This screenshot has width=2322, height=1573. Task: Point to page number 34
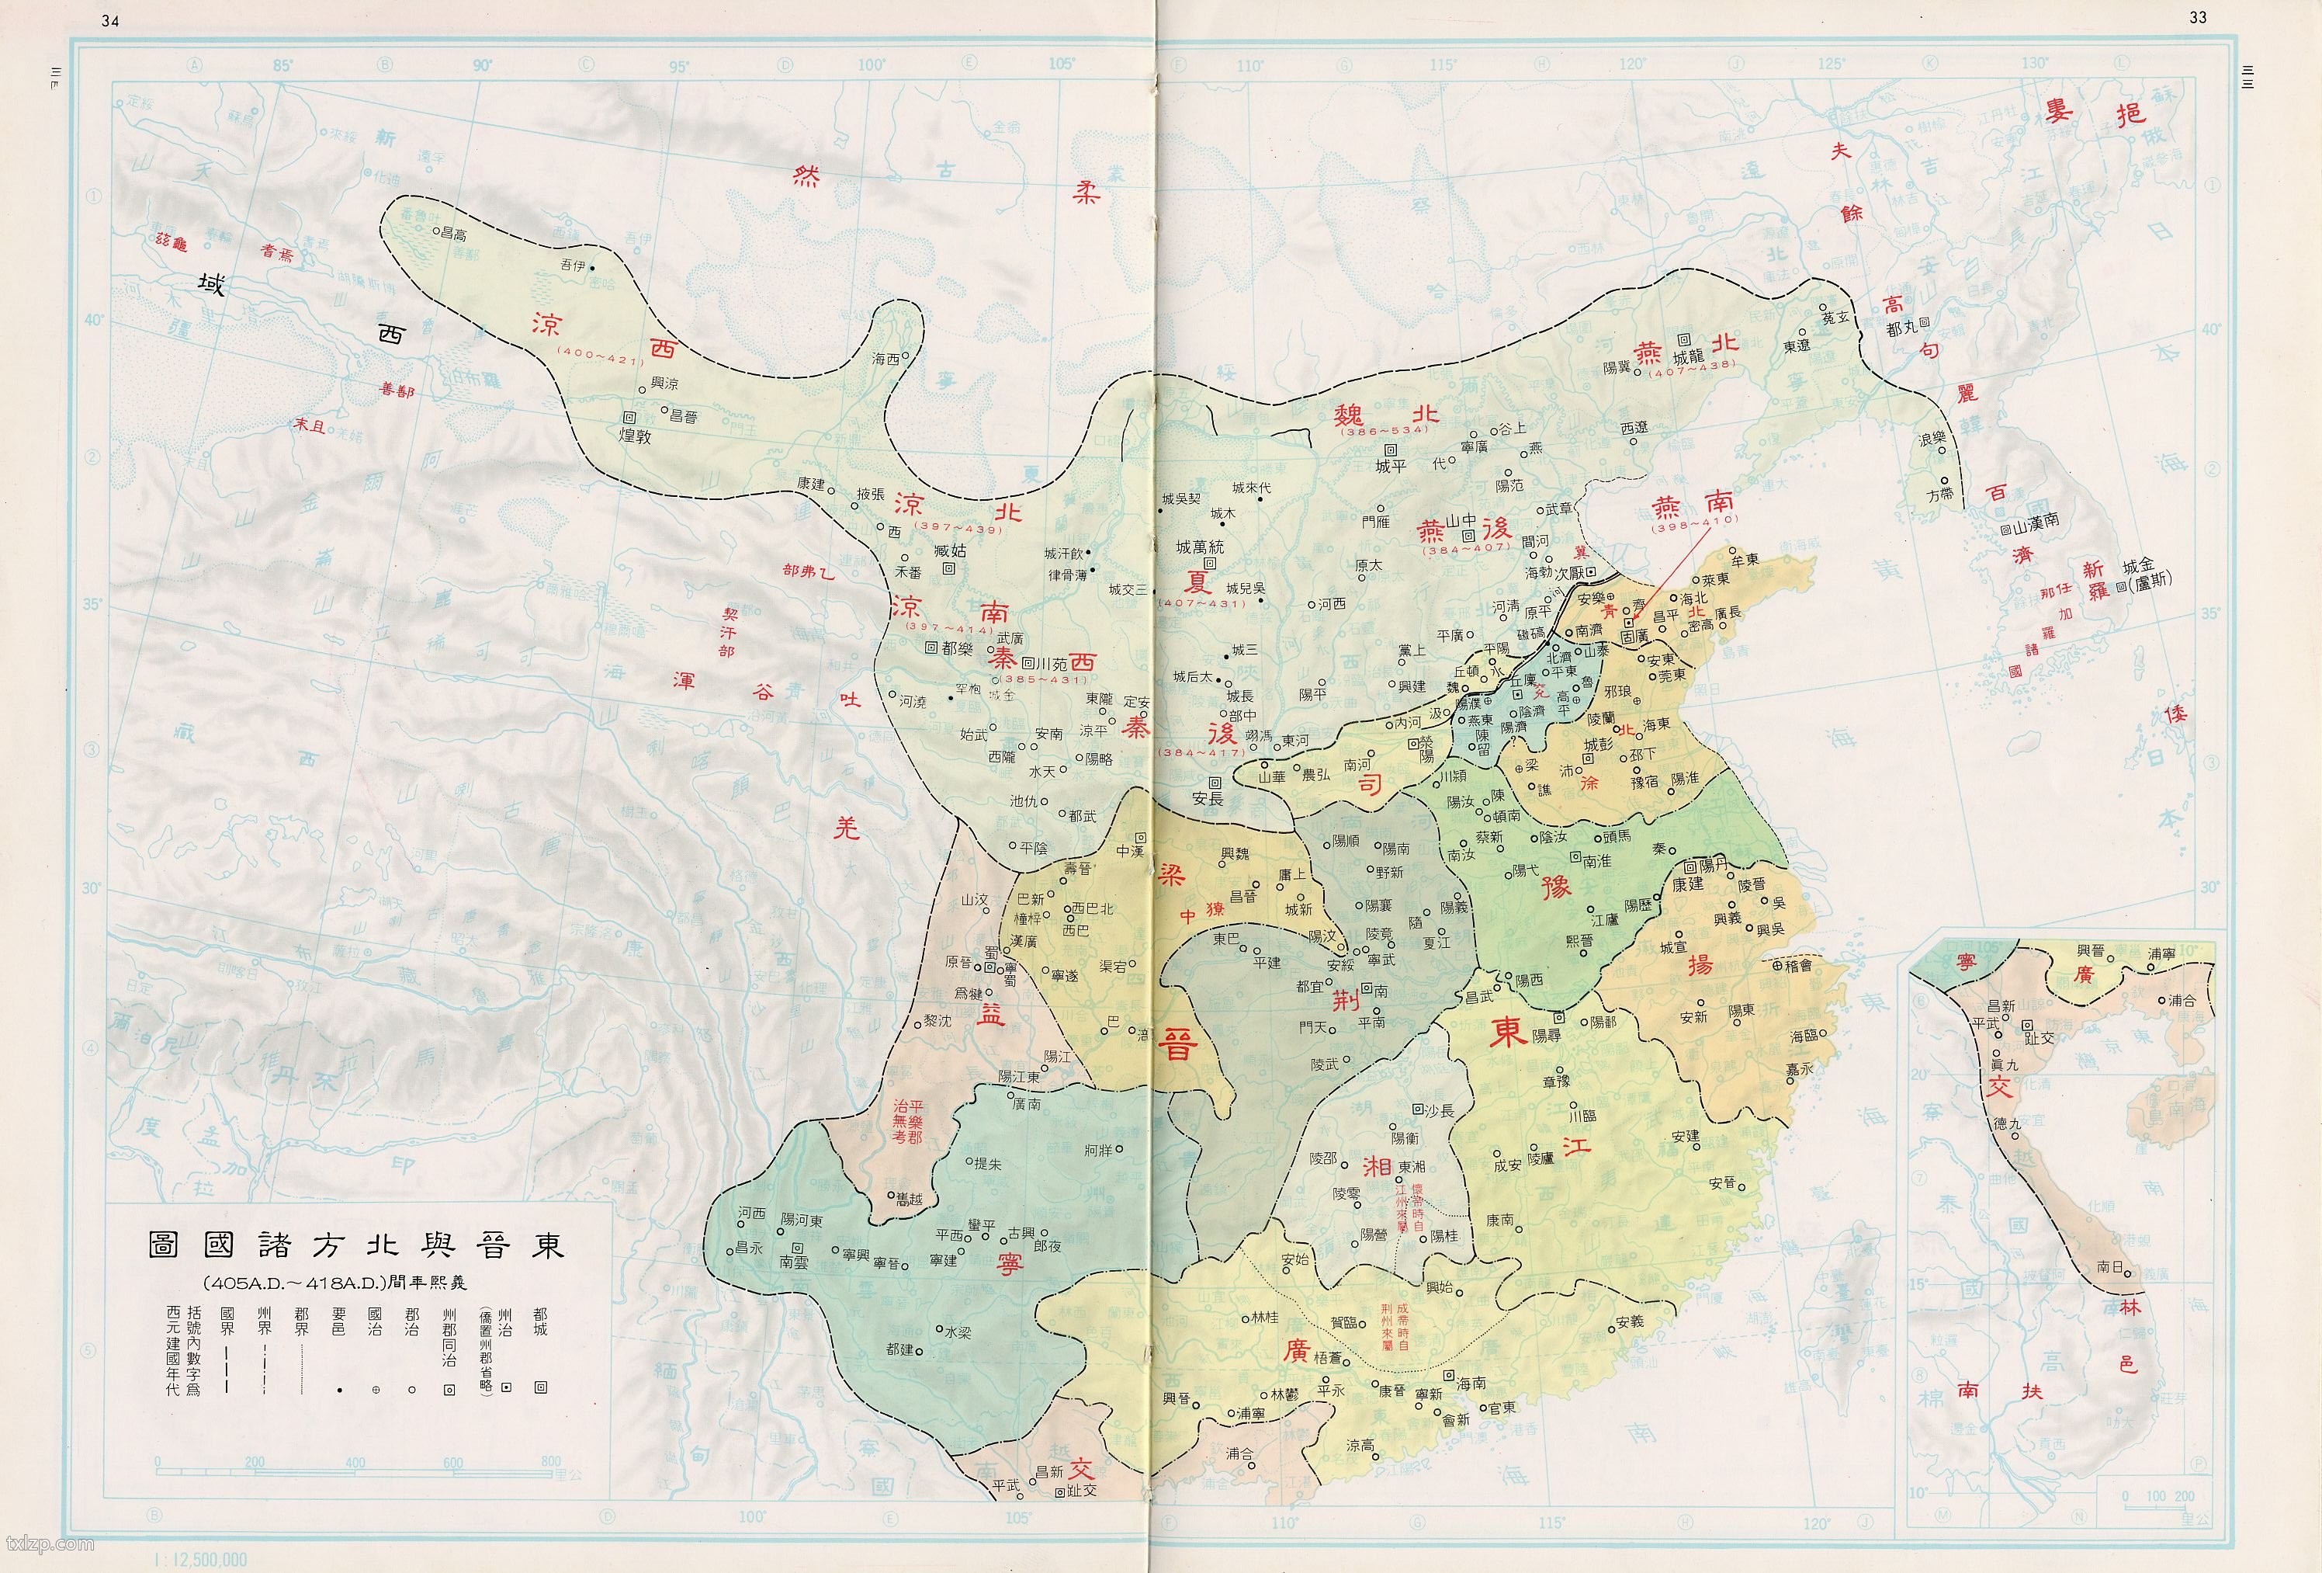110,22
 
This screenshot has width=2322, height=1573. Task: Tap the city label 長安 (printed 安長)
1207,797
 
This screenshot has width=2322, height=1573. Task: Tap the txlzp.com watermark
49,1544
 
